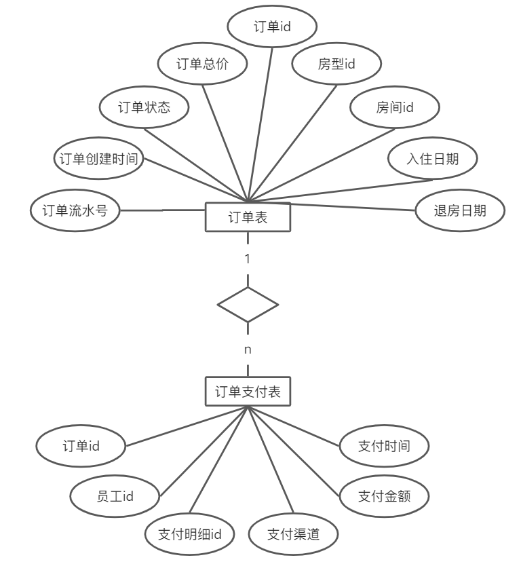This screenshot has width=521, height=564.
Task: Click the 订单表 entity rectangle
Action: tap(248, 218)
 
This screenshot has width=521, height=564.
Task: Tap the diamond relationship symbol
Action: tap(248, 305)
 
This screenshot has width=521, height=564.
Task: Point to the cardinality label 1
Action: tap(248, 259)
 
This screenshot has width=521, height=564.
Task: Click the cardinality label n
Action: tap(248, 350)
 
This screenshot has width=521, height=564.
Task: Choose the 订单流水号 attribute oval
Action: tap(75, 210)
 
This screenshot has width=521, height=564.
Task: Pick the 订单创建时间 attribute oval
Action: tap(99, 159)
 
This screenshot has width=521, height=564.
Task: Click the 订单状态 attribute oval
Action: tap(144, 107)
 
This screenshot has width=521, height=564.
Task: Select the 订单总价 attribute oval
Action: tap(202, 64)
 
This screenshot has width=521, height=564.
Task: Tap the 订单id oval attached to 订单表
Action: tap(272, 26)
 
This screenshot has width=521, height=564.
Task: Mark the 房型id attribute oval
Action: tap(336, 64)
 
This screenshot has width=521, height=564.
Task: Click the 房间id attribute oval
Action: tap(395, 107)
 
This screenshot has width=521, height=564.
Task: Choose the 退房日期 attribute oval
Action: tap(460, 210)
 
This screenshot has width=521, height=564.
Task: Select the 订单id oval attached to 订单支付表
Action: tap(81, 446)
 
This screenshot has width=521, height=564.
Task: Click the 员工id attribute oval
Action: tap(115, 496)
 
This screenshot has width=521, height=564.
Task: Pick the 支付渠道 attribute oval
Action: tap(293, 534)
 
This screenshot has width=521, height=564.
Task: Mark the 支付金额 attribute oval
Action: tap(384, 496)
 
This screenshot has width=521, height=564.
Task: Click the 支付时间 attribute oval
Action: tap(384, 446)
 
